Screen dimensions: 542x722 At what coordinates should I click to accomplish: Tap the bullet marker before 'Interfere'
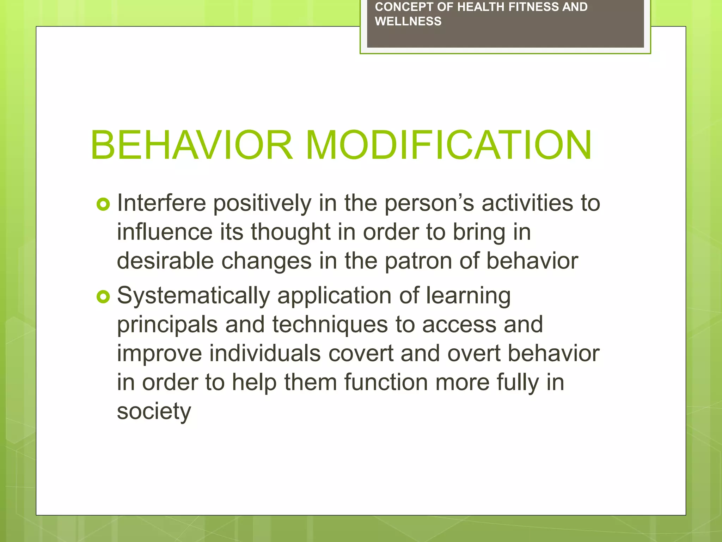coord(103,204)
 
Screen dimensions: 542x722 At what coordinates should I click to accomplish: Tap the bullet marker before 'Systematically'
coord(103,297)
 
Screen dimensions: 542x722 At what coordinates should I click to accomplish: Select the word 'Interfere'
coord(161,203)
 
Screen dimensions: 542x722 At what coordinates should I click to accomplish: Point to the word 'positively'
coord(262,204)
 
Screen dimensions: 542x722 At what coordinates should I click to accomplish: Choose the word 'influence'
coord(165,232)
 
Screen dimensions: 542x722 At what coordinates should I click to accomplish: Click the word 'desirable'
coord(165,261)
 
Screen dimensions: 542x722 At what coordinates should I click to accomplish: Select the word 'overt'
coord(474,354)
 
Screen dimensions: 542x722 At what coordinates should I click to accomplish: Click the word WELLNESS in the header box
coord(408,22)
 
